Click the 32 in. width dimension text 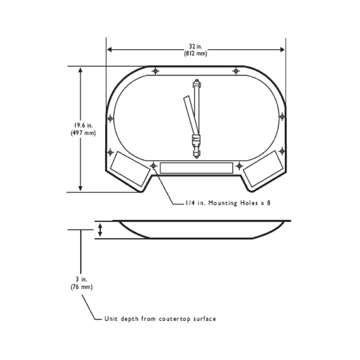point(196,46)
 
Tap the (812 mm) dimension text point(196,53)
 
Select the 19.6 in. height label point(81,125)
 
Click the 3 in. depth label point(81,279)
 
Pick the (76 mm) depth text point(81,287)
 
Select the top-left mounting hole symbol point(156,71)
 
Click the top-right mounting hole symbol point(236,71)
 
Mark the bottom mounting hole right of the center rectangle point(239,166)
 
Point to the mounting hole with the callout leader point(153,166)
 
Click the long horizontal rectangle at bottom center point(196,168)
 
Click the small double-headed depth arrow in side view point(100,230)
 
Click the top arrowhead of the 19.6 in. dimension point(81,70)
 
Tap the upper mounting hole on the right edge point(282,116)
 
